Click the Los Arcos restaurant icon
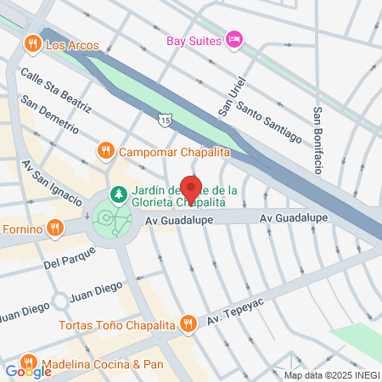pos(32,44)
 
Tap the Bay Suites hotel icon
pos(235,40)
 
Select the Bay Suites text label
pos(193,40)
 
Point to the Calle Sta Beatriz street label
pos(56,89)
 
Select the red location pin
pos(191,188)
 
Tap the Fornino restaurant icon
pos(55,227)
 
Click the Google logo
pos(29,371)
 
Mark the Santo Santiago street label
pos(269,121)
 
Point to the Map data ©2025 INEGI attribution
pos(331,375)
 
